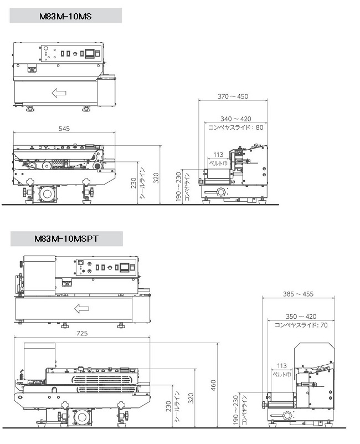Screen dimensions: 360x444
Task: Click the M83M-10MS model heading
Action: (x=65, y=16)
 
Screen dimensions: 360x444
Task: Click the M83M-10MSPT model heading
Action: (x=66, y=239)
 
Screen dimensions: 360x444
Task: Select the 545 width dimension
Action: (x=64, y=129)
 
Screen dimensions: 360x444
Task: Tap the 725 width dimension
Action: (x=82, y=333)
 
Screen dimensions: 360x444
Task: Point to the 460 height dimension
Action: (x=213, y=385)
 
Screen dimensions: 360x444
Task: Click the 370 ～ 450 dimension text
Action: (x=233, y=96)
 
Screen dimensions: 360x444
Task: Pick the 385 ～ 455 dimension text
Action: (x=299, y=294)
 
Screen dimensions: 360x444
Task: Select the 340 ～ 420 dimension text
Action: (x=236, y=119)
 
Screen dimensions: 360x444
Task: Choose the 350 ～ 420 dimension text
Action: (x=301, y=317)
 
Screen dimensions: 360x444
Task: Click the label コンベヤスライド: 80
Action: (x=236, y=127)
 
